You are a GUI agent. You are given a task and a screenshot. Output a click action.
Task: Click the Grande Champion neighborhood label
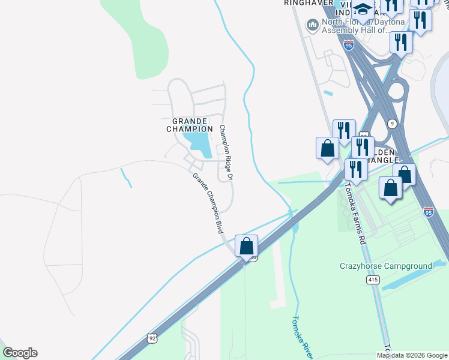[188, 125]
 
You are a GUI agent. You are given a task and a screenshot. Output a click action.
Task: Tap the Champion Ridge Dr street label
[224, 153]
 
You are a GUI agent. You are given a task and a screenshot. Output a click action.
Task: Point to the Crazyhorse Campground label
[385, 266]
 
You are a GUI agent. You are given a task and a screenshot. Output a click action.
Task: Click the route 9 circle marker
[392, 124]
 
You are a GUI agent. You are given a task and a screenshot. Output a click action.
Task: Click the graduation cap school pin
[363, 9]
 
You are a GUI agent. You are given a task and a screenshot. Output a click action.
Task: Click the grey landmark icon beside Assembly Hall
[312, 25]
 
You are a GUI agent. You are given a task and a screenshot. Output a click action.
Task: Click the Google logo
[20, 352]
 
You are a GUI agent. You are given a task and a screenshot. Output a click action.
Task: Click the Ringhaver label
[309, 3]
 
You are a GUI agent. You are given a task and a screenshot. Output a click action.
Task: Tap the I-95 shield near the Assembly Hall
[349, 44]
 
